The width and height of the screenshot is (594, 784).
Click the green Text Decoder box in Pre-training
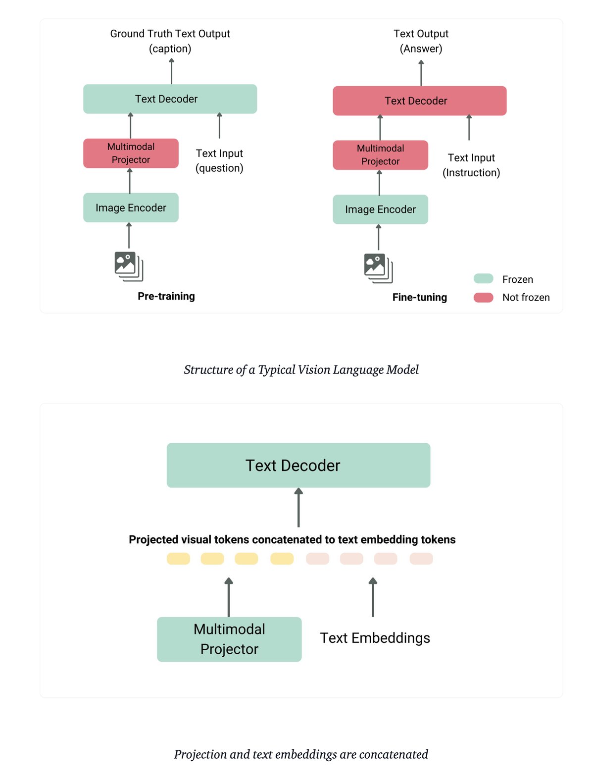[x=170, y=99]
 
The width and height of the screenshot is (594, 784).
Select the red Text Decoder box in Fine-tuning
[x=419, y=101]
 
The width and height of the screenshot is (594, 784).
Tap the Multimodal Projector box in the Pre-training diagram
[x=131, y=154]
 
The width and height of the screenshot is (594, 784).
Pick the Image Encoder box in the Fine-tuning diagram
[x=380, y=209]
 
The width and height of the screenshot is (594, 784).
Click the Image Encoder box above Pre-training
[x=131, y=208]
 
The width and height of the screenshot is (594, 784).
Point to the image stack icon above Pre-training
[x=129, y=266]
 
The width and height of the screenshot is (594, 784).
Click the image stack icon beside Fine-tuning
[x=378, y=268]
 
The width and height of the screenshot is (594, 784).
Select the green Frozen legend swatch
[x=483, y=279]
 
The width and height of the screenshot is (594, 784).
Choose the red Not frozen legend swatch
[x=483, y=297]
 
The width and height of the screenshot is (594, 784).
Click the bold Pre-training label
[x=166, y=296]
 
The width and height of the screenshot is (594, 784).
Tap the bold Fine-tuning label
[x=419, y=297]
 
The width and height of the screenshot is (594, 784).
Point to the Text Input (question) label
[x=219, y=160]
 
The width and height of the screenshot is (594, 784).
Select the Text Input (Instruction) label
[x=471, y=165]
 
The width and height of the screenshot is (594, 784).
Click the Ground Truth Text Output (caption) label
[x=170, y=41]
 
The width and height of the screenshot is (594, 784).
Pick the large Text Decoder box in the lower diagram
[x=298, y=466]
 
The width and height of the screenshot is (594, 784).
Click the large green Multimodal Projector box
[x=229, y=639]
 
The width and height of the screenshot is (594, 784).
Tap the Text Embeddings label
[x=375, y=638]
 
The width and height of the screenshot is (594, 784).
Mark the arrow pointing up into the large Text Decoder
[x=298, y=508]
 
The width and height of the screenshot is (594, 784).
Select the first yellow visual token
[x=178, y=559]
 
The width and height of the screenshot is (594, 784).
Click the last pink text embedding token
[x=421, y=559]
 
